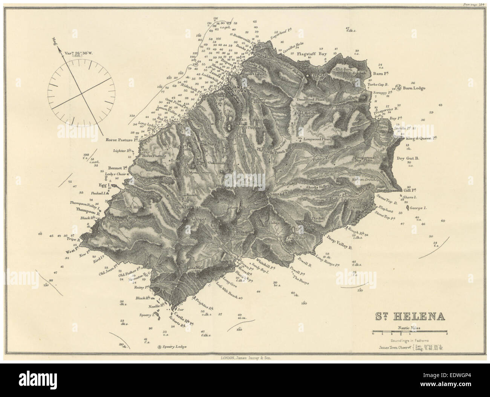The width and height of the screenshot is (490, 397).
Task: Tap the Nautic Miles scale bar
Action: coord(409,333)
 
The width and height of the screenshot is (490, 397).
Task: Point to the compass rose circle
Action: coord(80,92)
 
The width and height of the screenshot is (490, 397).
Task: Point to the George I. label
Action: coord(417,208)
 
